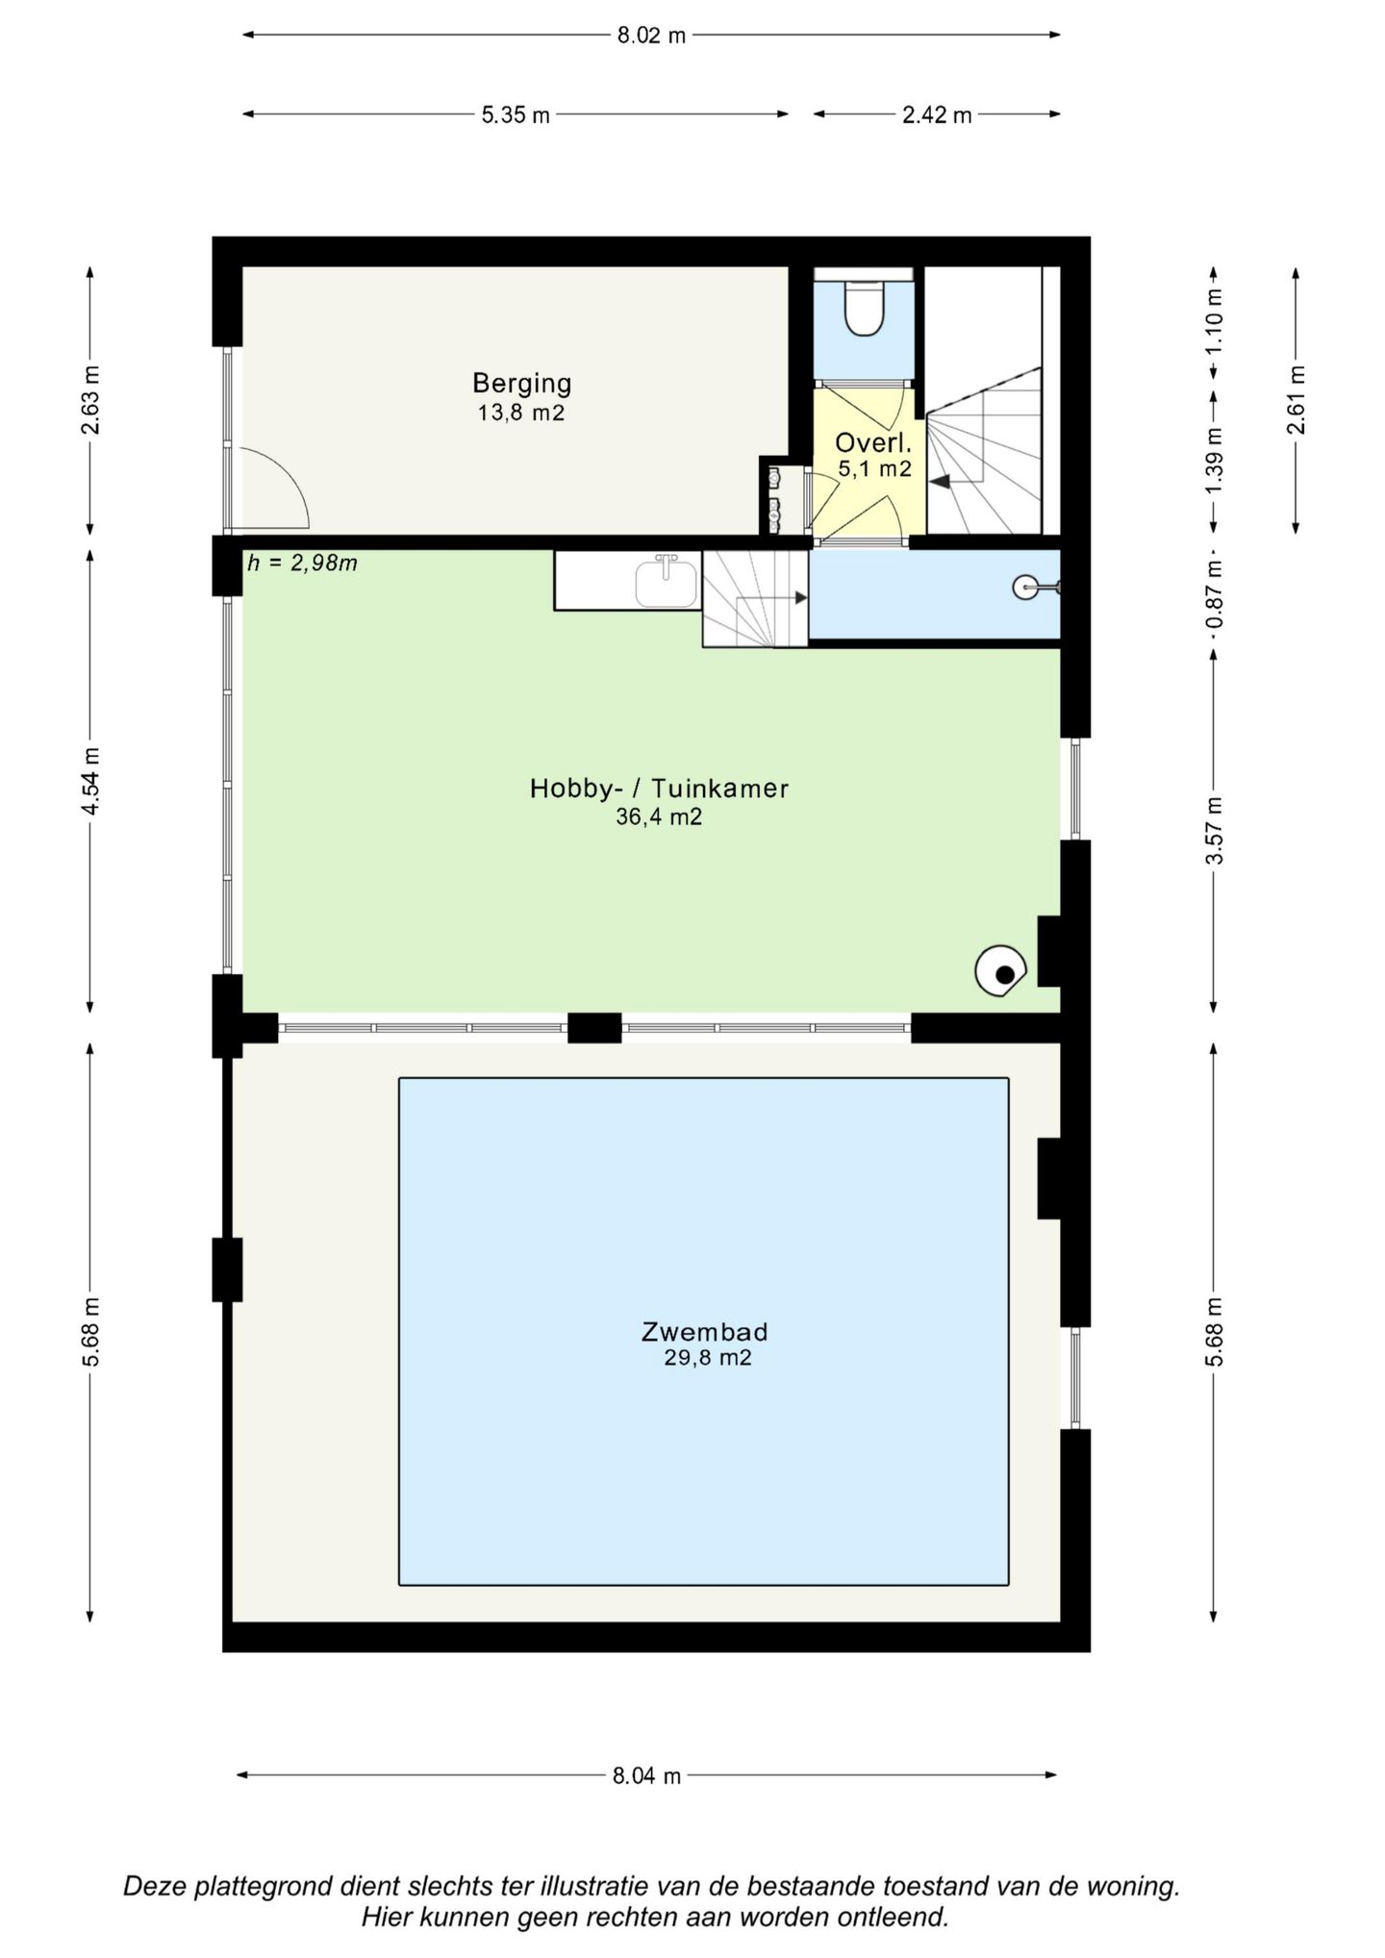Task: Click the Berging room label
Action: pos(521,384)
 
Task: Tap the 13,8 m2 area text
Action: pos(521,414)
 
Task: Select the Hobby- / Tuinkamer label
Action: pos(659,789)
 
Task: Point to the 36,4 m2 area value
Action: pos(659,817)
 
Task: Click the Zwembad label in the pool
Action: pos(705,1332)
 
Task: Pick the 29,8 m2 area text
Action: pos(708,1358)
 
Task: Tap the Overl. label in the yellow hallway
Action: pos(873,443)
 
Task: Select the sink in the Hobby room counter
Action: pos(667,582)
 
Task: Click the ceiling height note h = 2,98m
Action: pos(302,564)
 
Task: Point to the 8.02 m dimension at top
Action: pos(651,36)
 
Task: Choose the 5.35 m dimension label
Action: pos(516,115)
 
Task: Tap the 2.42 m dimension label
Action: pos(937,115)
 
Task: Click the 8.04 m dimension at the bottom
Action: pos(646,1775)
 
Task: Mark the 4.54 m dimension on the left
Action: pos(90,781)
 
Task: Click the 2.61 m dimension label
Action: pos(1297,400)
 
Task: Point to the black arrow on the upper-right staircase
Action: pos(938,482)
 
